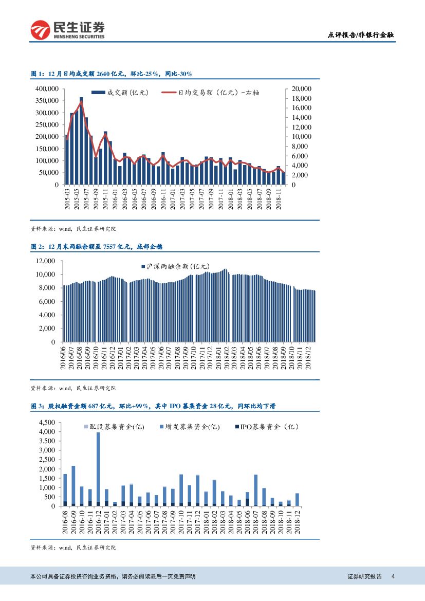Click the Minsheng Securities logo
tap(67, 30)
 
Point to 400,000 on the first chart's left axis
tap(46, 89)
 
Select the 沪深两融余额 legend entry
tap(175, 267)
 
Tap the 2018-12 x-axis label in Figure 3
tap(298, 521)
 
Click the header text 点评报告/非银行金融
tap(361, 35)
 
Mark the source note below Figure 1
tap(73, 229)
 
